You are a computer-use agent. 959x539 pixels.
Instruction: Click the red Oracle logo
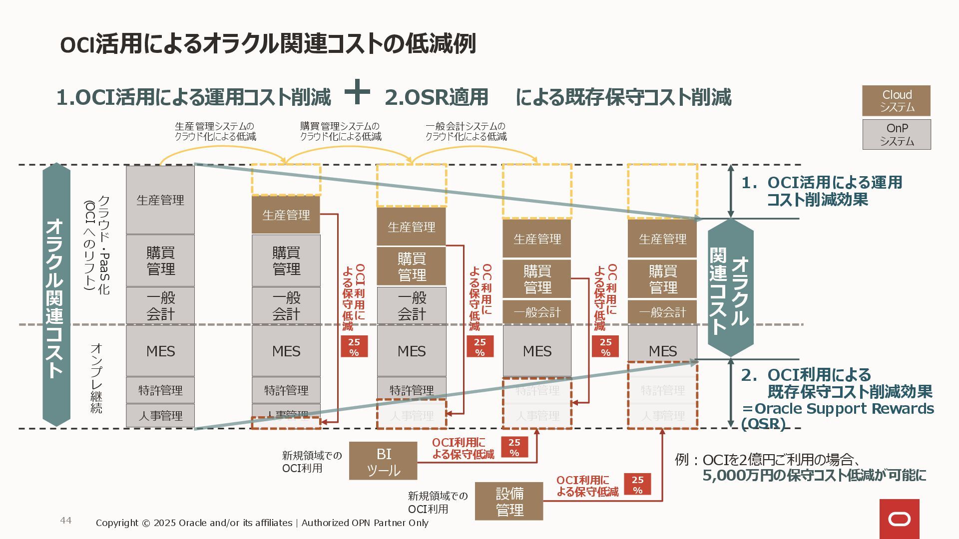click(x=899, y=519)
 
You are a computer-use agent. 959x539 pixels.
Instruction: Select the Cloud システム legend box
click(x=897, y=101)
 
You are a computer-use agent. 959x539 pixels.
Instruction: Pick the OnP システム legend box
click(x=897, y=135)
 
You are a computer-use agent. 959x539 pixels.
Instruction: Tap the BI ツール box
click(x=383, y=461)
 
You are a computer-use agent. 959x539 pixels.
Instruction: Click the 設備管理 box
click(x=509, y=502)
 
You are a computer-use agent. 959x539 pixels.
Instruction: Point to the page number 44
click(x=66, y=521)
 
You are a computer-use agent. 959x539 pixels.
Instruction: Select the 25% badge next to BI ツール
click(x=514, y=447)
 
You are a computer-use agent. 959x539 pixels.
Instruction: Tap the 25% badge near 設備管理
click(x=637, y=484)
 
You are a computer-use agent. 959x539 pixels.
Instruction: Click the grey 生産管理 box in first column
click(x=160, y=200)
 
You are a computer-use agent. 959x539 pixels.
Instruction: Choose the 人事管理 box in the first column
click(x=160, y=416)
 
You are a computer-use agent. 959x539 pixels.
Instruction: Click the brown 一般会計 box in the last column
click(x=662, y=312)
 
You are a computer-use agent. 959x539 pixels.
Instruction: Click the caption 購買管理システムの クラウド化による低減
click(x=340, y=131)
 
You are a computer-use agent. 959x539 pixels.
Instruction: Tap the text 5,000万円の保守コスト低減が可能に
click(x=814, y=476)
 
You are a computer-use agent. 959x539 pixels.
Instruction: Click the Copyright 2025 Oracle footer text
click(x=262, y=523)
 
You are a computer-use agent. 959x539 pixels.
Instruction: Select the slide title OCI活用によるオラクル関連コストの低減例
click(x=268, y=44)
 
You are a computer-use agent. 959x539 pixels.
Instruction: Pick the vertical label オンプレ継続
click(x=96, y=378)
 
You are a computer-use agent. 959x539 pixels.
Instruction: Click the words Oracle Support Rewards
click(x=844, y=409)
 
